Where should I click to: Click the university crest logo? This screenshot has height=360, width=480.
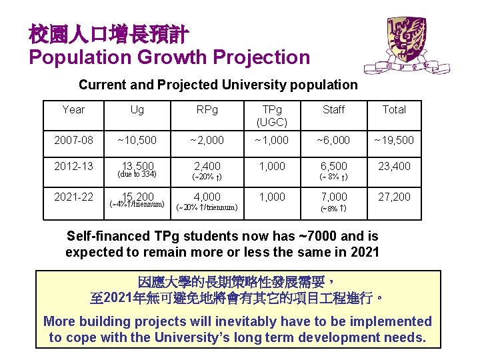(407, 44)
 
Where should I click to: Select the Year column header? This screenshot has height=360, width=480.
(73, 109)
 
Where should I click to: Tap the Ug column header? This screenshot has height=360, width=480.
(137, 109)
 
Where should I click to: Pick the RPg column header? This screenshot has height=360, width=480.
(206, 109)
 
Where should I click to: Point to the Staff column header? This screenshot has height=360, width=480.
(333, 109)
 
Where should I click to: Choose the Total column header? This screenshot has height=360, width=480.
(394, 109)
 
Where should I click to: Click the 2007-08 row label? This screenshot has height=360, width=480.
(73, 140)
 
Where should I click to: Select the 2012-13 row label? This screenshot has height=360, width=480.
(73, 166)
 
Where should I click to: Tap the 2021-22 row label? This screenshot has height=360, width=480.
(73, 197)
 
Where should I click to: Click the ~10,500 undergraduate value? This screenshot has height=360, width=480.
(137, 140)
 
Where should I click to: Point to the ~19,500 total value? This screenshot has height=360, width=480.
(394, 140)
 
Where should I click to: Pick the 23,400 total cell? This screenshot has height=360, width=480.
(394, 166)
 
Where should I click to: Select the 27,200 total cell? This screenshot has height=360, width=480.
(394, 197)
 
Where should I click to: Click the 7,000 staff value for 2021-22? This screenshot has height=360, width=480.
(333, 197)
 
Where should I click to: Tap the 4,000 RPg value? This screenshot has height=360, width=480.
(207, 197)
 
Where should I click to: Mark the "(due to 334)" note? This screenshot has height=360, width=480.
(137, 175)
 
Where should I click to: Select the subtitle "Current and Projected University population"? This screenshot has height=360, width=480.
(218, 85)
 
